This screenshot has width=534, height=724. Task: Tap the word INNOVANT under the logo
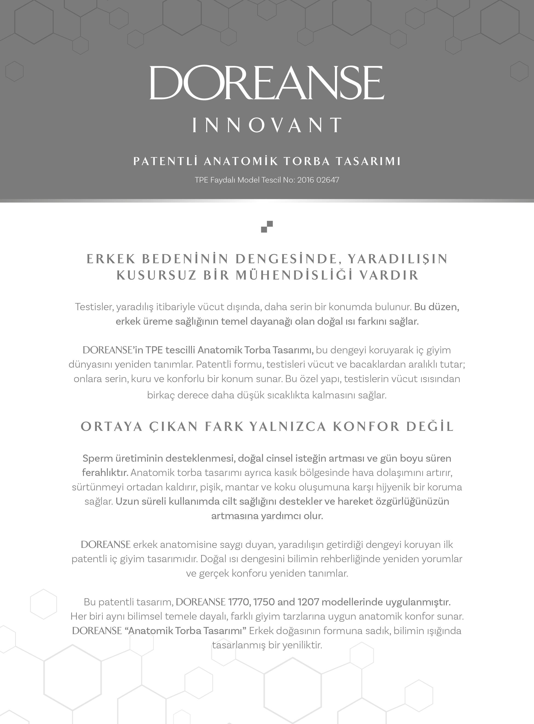click(x=267, y=125)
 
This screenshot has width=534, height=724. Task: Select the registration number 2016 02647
click(x=318, y=180)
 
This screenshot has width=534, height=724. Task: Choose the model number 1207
click(x=308, y=602)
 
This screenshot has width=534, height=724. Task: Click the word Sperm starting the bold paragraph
click(x=98, y=458)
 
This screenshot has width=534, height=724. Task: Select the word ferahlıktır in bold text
click(x=105, y=472)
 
